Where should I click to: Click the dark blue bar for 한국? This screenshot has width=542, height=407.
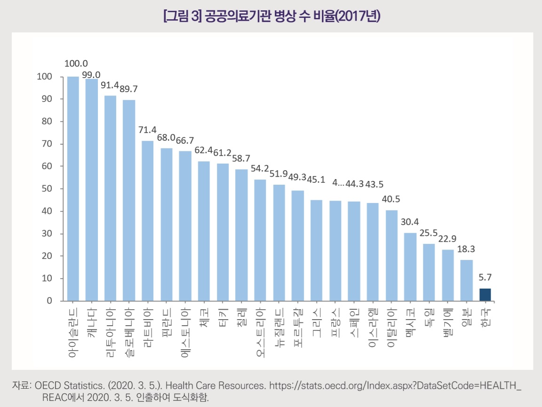(x=485, y=295)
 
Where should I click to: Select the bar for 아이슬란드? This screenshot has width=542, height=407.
(x=73, y=188)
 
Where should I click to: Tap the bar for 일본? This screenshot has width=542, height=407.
(x=466, y=280)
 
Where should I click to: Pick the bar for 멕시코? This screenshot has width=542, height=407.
(x=410, y=266)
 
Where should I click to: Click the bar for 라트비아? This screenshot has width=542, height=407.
(x=148, y=220)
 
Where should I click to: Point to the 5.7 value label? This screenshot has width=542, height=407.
(x=486, y=277)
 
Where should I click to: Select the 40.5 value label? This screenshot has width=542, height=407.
(x=391, y=199)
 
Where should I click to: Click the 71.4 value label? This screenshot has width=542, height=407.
(x=148, y=130)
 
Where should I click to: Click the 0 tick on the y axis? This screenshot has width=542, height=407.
(x=48, y=301)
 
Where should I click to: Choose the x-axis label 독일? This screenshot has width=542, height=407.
(x=429, y=317)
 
